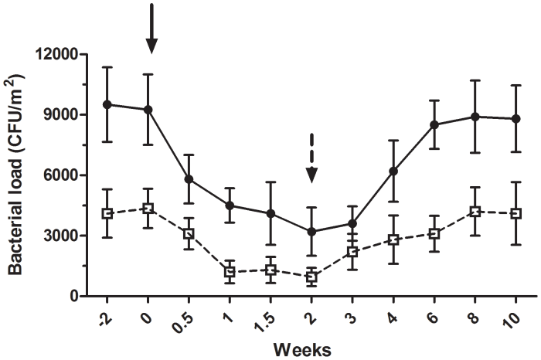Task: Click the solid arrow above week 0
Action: pyautogui.click(x=151, y=29)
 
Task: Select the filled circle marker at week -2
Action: pyautogui.click(x=107, y=104)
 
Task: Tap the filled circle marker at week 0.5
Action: pyautogui.click(x=189, y=179)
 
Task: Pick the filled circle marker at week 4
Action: pyautogui.click(x=393, y=171)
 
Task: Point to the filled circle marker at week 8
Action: pyautogui.click(x=475, y=117)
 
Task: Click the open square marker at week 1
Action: pyautogui.click(x=230, y=272)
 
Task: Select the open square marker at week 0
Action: pyautogui.click(x=148, y=208)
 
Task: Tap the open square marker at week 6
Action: pyautogui.click(x=434, y=233)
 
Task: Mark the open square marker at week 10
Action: pyautogui.click(x=515, y=213)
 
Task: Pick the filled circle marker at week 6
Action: pyautogui.click(x=434, y=125)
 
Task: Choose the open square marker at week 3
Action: pyautogui.click(x=352, y=252)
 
